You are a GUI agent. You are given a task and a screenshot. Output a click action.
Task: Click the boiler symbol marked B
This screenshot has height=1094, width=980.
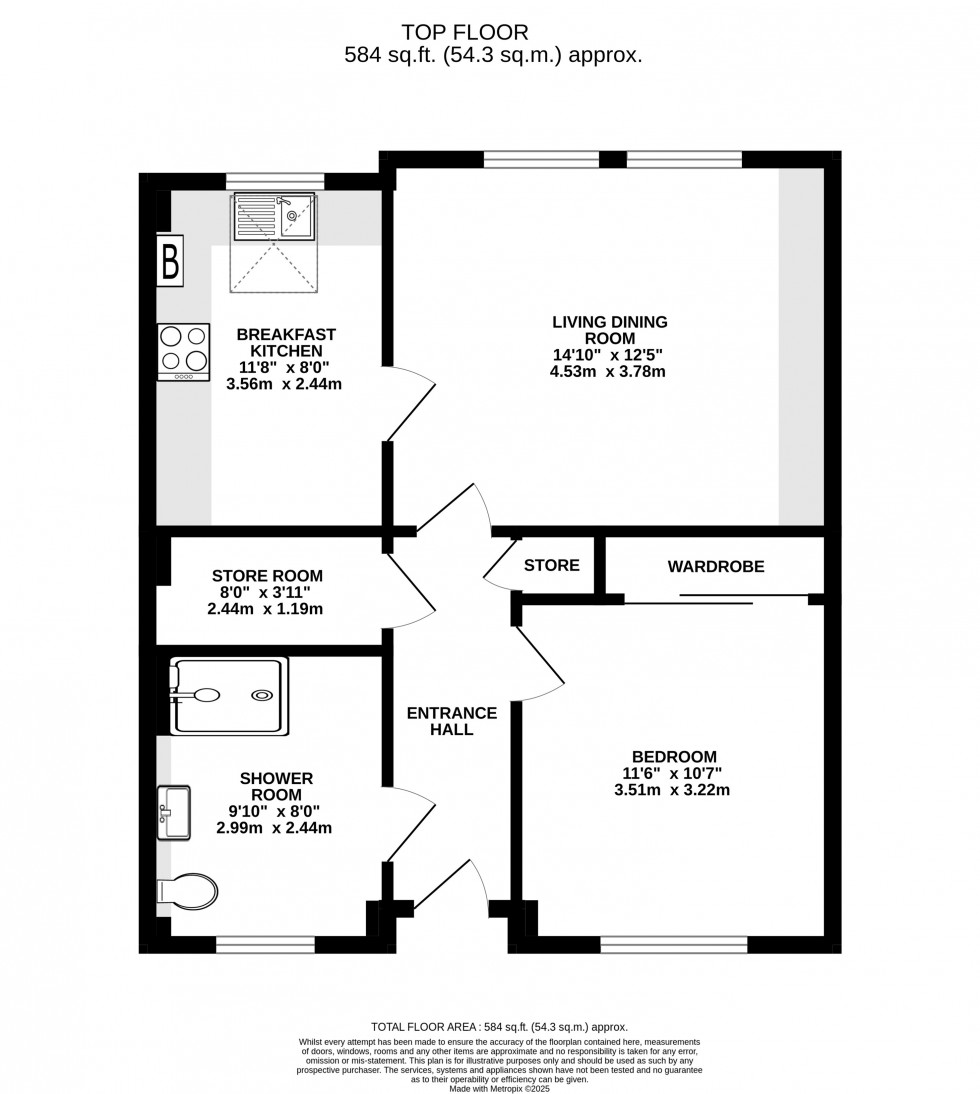tap(170, 261)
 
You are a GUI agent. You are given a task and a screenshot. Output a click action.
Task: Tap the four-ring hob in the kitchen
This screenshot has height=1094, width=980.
tap(183, 352)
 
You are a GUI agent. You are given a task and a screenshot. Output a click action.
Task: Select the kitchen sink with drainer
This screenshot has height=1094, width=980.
tap(274, 217)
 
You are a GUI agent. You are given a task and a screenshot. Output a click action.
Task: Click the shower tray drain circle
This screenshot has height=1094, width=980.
tap(262, 695)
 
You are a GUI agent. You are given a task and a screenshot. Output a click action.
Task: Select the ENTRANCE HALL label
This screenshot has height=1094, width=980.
tap(452, 721)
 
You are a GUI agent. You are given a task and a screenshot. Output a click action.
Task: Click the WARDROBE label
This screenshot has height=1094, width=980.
tap(716, 567)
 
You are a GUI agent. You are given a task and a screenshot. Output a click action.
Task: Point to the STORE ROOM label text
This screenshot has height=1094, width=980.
tap(267, 576)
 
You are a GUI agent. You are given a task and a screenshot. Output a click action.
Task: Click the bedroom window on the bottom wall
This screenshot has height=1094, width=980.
tap(674, 944)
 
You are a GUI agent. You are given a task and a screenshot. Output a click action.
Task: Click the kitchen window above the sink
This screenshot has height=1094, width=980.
tap(275, 181)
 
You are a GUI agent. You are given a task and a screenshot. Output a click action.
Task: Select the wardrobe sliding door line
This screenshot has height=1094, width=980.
tap(717, 598)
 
